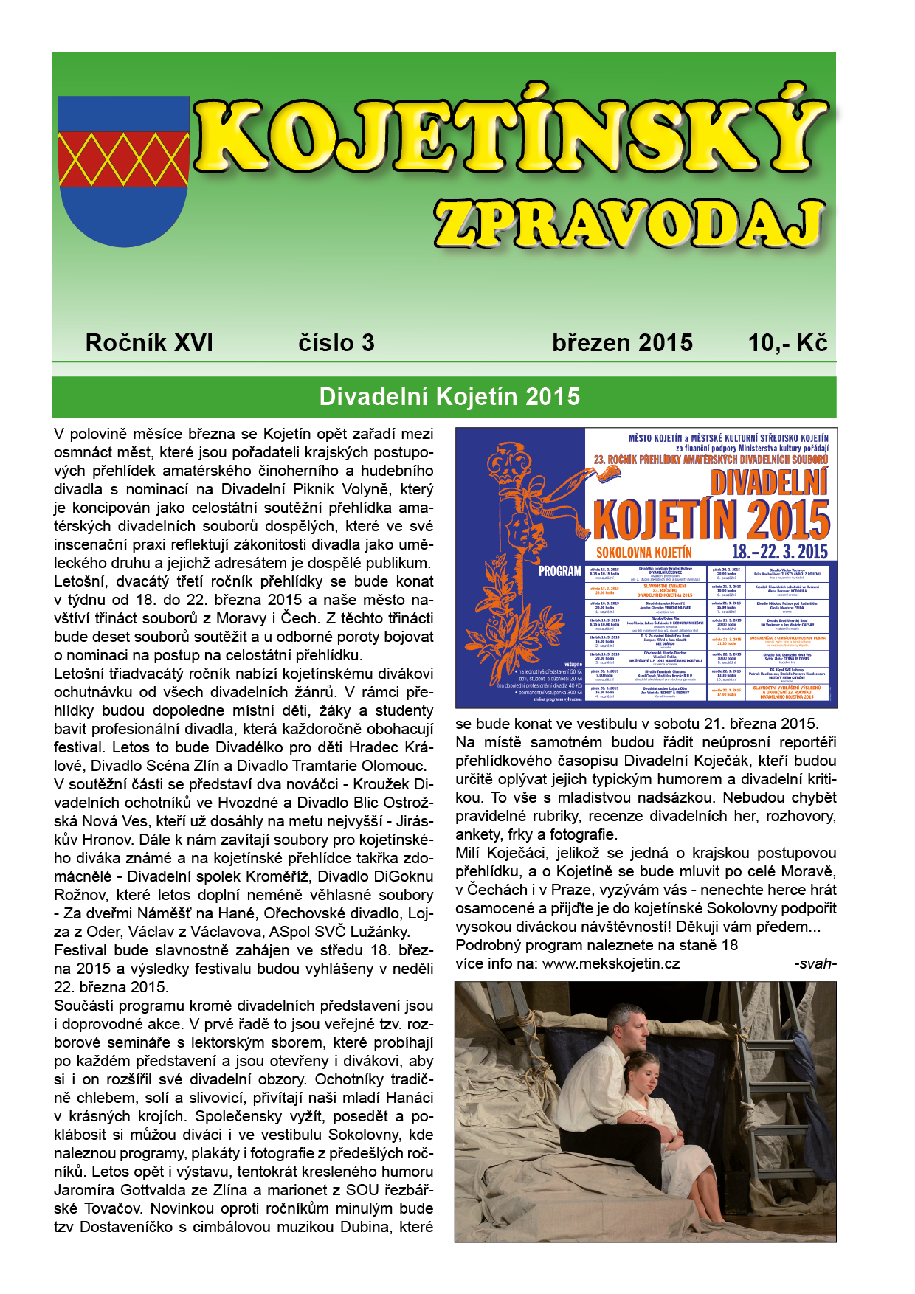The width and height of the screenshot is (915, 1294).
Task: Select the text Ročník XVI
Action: pyautogui.click(x=149, y=343)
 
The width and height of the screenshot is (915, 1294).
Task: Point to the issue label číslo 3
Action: pyautogui.click(x=336, y=343)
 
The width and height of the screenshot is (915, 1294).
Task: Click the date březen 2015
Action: pyautogui.click(x=622, y=343)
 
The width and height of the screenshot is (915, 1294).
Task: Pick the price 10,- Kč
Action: pyautogui.click(x=787, y=343)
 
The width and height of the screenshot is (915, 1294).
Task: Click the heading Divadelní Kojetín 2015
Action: pyautogui.click(x=449, y=397)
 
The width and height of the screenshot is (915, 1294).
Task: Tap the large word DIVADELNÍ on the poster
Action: pyautogui.click(x=769, y=484)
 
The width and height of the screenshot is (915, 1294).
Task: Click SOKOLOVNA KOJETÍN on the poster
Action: pyautogui.click(x=644, y=553)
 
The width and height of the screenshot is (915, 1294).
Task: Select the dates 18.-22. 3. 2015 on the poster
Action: pyautogui.click(x=780, y=551)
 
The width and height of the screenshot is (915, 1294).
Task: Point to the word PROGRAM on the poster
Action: pyautogui.click(x=559, y=571)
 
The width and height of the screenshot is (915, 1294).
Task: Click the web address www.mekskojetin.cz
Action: pyautogui.click(x=611, y=963)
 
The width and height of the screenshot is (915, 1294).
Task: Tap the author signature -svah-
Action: pyautogui.click(x=815, y=963)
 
